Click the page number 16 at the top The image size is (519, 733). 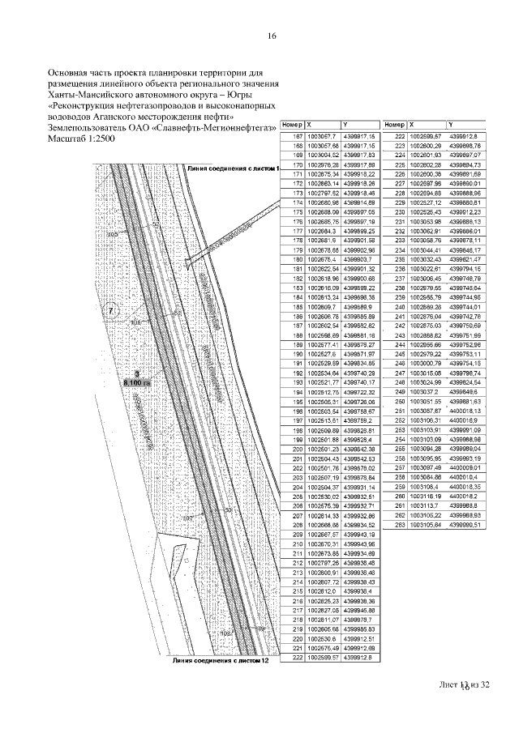click(x=272, y=36)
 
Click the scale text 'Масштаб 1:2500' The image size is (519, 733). click(x=82, y=139)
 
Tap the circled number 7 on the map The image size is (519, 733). click(x=112, y=311)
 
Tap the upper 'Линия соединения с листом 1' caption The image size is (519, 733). click(x=232, y=168)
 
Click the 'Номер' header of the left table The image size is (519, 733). click(x=292, y=126)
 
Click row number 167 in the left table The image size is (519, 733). click(x=296, y=136)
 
